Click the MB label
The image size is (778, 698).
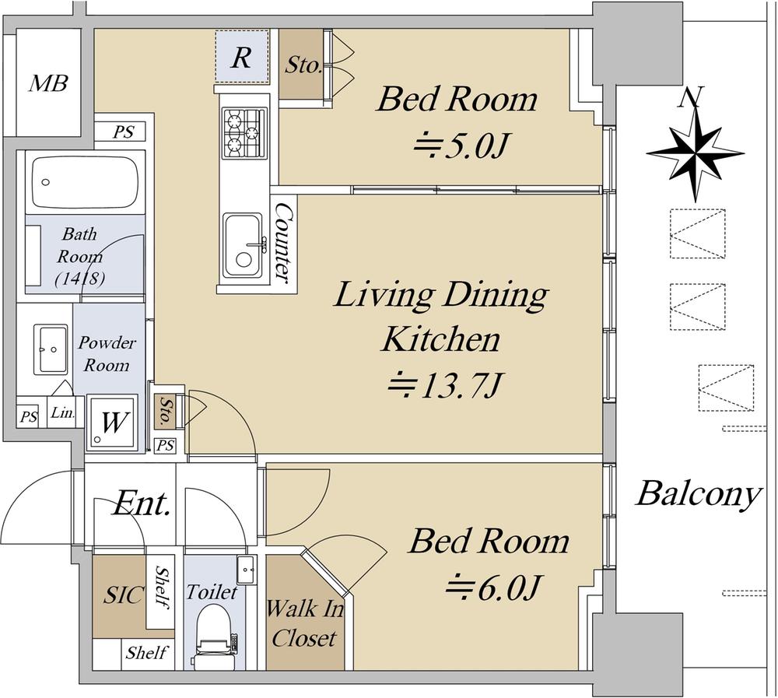click(x=48, y=83)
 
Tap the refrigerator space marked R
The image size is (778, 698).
click(x=242, y=56)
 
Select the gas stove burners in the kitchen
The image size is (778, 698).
click(x=243, y=133)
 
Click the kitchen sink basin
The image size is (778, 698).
click(x=243, y=245)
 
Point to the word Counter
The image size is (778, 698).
click(x=284, y=242)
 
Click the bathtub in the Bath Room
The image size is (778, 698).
click(x=84, y=183)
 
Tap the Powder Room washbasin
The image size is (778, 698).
click(x=51, y=349)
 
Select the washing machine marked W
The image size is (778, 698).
click(x=112, y=422)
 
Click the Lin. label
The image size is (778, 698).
click(x=63, y=412)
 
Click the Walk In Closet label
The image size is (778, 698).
click(x=304, y=623)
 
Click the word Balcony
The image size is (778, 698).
click(x=699, y=494)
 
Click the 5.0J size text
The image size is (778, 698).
click(x=462, y=146)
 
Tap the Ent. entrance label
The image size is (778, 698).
click(x=142, y=504)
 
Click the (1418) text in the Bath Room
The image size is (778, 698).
click(x=80, y=279)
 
